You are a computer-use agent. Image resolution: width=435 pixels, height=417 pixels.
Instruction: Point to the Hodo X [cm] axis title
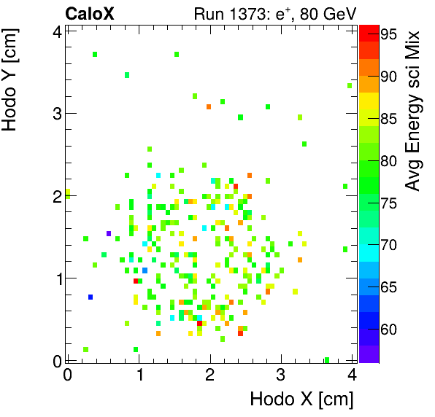tap(301, 399)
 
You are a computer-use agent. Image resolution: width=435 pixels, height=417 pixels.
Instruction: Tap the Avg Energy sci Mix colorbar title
tap(413, 111)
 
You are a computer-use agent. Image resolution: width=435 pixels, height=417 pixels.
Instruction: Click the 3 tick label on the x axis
tap(281, 375)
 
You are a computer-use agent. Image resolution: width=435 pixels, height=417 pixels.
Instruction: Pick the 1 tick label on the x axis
tap(139, 375)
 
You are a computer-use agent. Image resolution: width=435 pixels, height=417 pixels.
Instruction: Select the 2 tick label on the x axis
tap(210, 375)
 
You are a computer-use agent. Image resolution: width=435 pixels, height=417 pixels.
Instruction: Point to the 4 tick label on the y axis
tap(55, 31)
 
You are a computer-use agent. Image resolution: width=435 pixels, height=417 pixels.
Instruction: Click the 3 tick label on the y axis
tap(55, 114)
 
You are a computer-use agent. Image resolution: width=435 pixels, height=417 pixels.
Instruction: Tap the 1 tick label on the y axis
tap(55, 278)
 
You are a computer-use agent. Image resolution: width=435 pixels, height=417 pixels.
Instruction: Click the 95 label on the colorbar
tap(388, 34)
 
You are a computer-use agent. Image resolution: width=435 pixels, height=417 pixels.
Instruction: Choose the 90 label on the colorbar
tap(388, 76)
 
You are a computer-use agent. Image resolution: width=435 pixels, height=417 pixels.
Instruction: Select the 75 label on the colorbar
tap(388, 203)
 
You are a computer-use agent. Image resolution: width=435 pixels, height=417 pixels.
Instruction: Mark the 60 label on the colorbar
tap(388, 330)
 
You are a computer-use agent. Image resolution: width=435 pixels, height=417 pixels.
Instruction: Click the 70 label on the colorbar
tap(388, 245)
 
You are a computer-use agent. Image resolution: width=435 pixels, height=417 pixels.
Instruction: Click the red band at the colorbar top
tap(369, 29)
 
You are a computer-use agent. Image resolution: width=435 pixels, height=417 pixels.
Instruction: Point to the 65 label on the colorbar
tap(388, 287)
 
